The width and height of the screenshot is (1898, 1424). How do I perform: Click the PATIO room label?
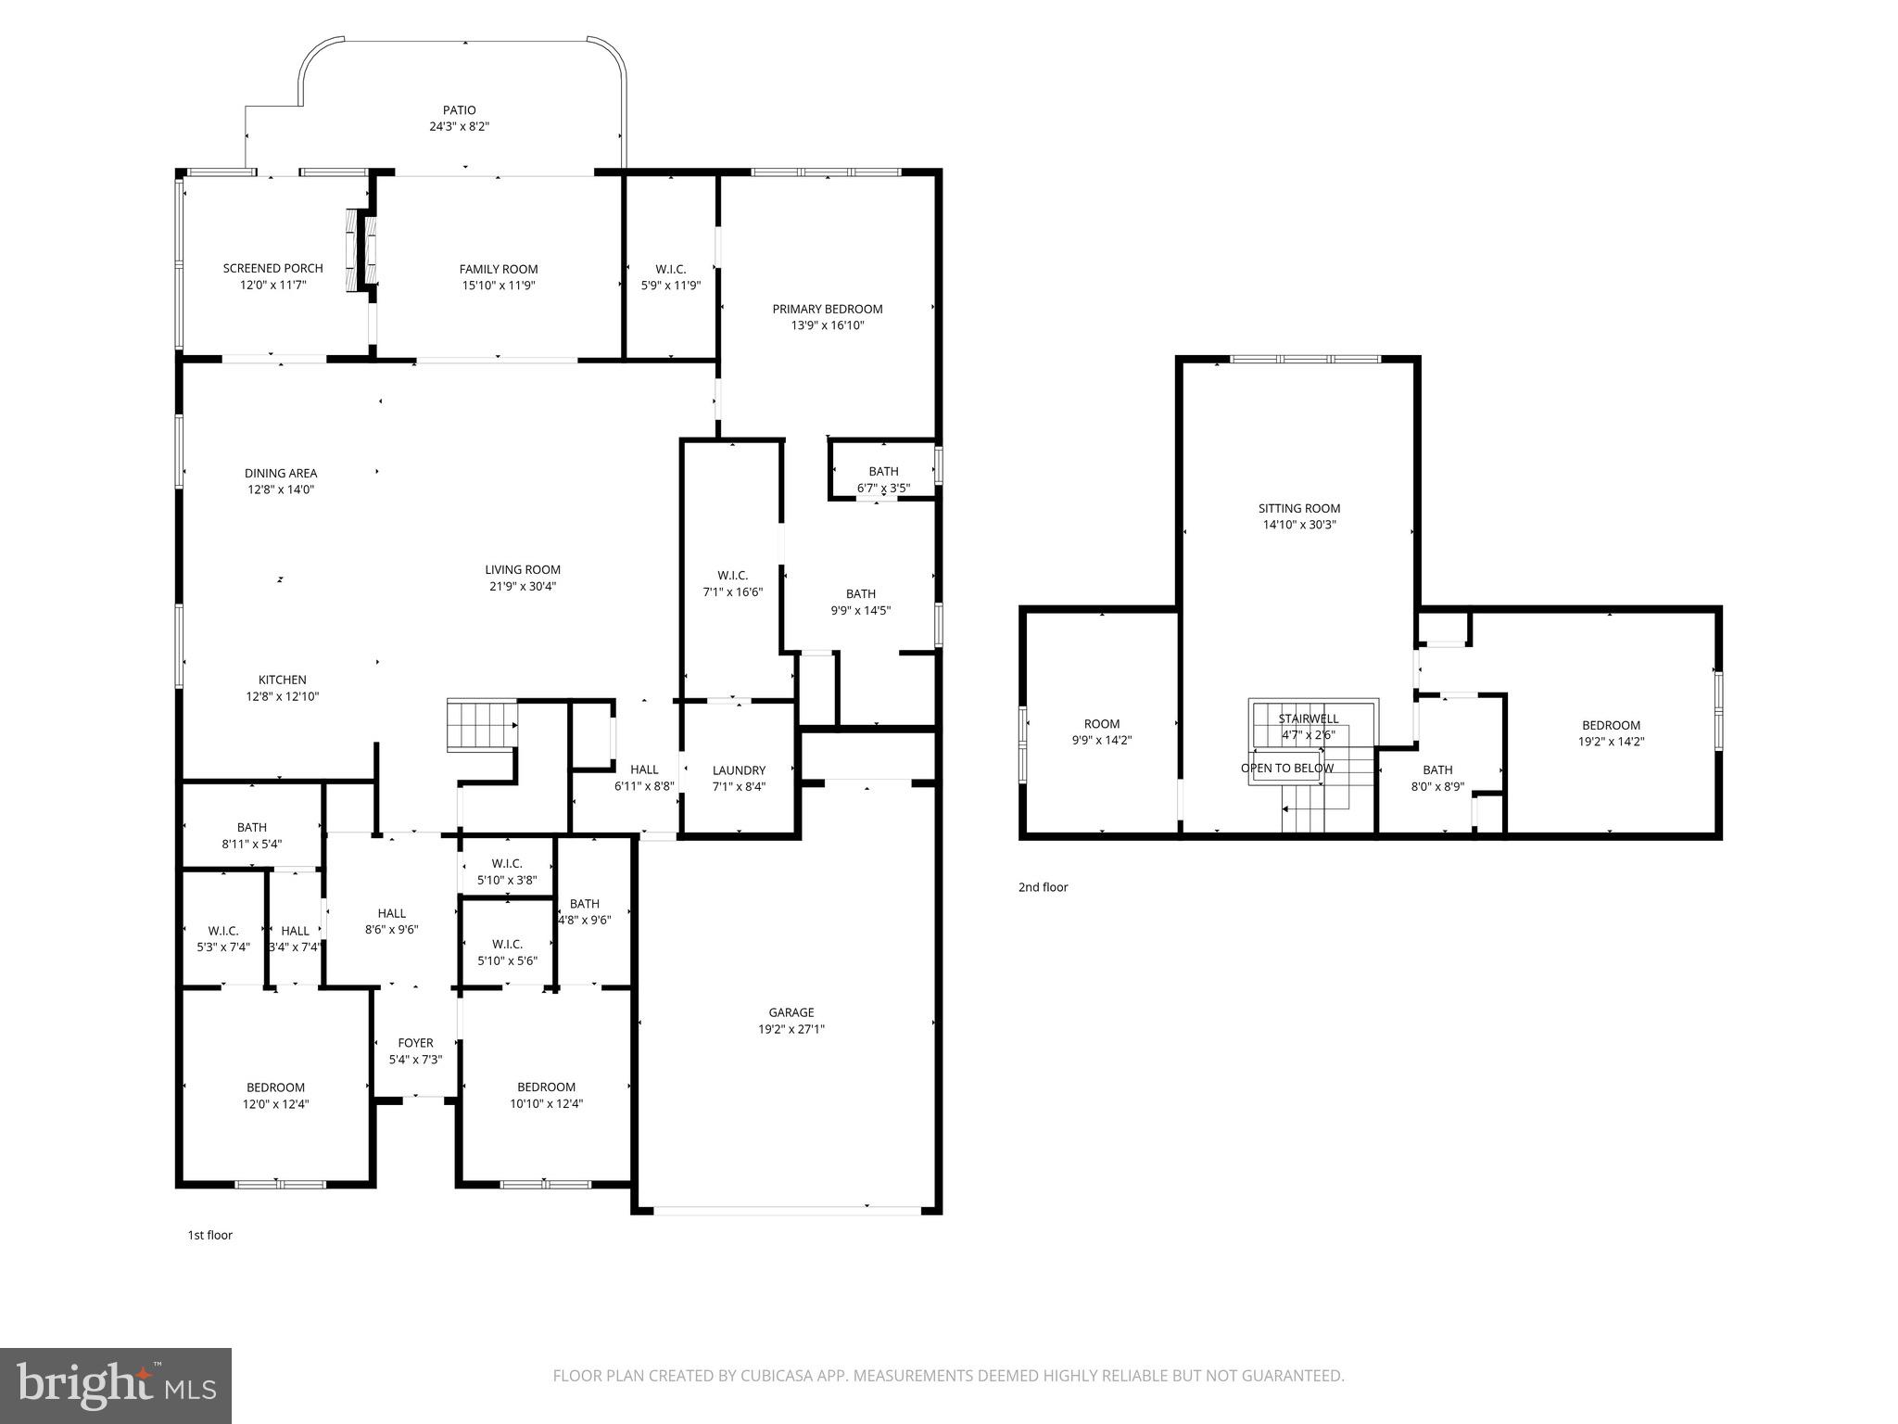tap(459, 110)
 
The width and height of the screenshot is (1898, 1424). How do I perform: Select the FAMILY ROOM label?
tap(499, 269)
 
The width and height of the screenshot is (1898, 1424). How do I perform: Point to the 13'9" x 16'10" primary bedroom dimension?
tap(828, 325)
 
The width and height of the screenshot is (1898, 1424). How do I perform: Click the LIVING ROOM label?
tap(523, 569)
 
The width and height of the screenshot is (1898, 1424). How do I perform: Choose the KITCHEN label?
tap(282, 680)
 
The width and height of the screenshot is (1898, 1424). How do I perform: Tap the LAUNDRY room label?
tap(739, 769)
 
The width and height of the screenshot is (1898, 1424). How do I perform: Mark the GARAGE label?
tap(791, 1012)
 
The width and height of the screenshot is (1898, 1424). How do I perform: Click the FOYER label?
tap(415, 1043)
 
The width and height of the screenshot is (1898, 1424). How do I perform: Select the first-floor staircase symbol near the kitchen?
tap(481, 724)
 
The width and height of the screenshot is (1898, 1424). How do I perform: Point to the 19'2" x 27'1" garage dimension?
tap(791, 1029)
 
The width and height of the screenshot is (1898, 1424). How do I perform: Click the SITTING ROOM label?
tap(1298, 508)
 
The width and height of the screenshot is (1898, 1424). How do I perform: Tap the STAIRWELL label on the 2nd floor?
tap(1308, 718)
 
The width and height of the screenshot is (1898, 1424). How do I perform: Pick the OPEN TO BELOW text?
tap(1287, 768)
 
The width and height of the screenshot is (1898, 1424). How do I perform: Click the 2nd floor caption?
tap(1043, 887)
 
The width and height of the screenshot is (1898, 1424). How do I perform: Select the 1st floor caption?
tap(210, 1235)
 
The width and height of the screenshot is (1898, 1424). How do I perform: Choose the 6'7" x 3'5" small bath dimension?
tap(883, 488)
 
